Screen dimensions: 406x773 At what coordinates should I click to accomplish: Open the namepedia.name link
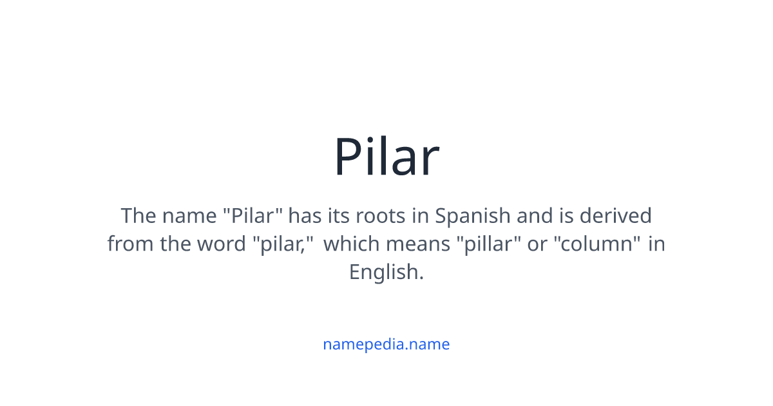pos(386,344)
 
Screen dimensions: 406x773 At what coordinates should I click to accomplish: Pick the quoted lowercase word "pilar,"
pos(283,244)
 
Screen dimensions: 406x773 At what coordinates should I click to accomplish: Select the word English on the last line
pos(385,273)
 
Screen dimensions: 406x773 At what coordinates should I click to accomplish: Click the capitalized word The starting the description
pos(139,215)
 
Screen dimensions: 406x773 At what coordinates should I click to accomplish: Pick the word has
pos(304,215)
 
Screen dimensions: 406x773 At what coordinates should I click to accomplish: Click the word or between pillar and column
pos(537,244)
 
